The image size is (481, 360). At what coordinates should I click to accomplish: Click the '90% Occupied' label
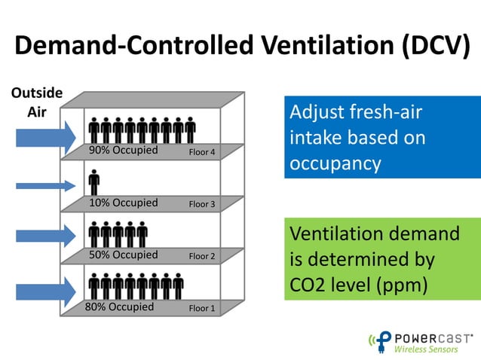(x=123, y=150)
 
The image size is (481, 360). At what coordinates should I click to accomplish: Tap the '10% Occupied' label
(x=123, y=203)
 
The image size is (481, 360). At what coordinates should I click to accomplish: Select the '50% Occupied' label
(x=123, y=255)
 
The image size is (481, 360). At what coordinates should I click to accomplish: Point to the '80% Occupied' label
(x=121, y=307)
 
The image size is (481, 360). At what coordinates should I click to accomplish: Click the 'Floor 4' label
(x=202, y=153)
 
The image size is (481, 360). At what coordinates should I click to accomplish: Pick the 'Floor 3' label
(x=202, y=204)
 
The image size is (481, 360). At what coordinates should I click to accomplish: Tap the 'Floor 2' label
(x=202, y=257)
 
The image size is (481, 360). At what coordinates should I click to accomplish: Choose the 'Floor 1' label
(x=202, y=308)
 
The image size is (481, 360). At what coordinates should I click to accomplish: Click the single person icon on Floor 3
(x=94, y=182)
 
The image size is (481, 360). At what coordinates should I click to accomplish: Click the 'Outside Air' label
(x=35, y=103)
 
